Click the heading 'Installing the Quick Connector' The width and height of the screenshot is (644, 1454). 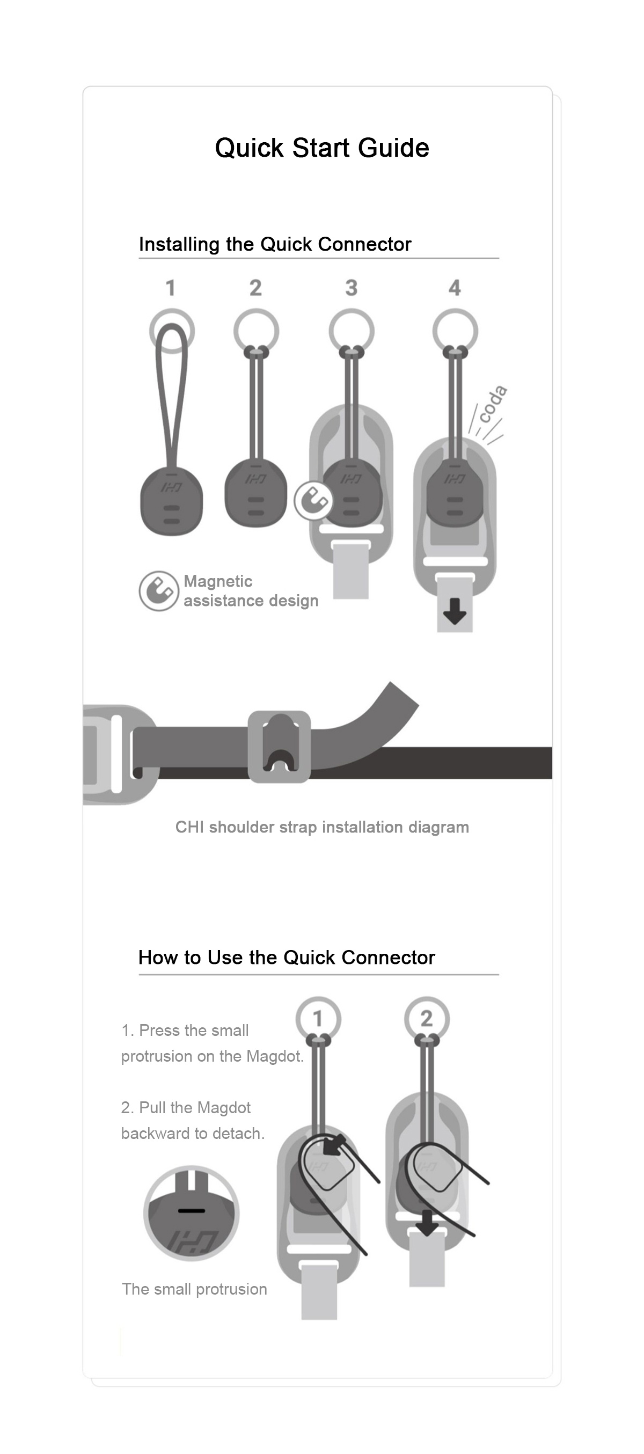point(275,244)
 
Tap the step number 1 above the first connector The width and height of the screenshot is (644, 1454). point(171,288)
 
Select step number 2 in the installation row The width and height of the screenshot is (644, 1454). point(255,288)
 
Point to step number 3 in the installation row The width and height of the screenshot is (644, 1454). point(351,288)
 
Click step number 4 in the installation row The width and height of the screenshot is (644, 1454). point(455,288)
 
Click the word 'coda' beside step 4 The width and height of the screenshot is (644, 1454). point(493,404)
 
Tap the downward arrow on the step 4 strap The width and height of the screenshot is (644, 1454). point(455,612)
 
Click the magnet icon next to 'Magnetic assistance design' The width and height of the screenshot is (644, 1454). point(159,591)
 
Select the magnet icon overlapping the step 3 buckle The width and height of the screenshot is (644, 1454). point(313,501)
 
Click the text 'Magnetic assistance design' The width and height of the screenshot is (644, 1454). point(251,591)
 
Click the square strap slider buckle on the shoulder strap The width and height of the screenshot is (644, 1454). point(280,747)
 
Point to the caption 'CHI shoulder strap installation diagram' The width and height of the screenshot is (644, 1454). point(321,828)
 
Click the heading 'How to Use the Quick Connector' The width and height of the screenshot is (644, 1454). point(287,958)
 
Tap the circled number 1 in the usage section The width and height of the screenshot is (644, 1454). point(318,1018)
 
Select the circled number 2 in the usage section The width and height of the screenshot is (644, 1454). point(427,1018)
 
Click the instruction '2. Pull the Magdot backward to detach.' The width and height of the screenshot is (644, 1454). point(193,1120)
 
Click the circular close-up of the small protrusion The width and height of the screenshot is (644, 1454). point(192,1214)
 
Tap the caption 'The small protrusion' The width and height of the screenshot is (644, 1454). point(194,1289)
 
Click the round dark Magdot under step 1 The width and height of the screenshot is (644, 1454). point(172,500)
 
